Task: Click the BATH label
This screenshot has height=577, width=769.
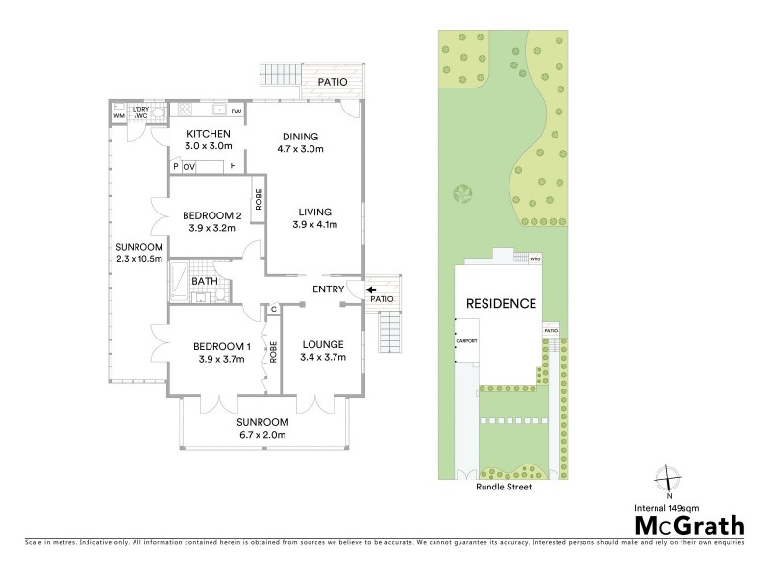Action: [x=204, y=282]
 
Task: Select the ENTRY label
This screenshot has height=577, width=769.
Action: [x=328, y=288]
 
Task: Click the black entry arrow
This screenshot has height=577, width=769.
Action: [x=371, y=286]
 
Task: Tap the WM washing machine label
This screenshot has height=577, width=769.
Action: [x=119, y=116]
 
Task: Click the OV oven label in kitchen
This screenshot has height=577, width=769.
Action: [x=189, y=167]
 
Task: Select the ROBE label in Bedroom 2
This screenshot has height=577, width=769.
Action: [x=259, y=200]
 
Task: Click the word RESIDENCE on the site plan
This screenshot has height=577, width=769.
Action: [x=501, y=304]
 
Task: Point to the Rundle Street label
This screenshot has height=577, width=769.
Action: [x=504, y=488]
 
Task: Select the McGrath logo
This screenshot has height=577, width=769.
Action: [x=687, y=525]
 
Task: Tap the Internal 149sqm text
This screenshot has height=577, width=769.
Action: [x=687, y=505]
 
